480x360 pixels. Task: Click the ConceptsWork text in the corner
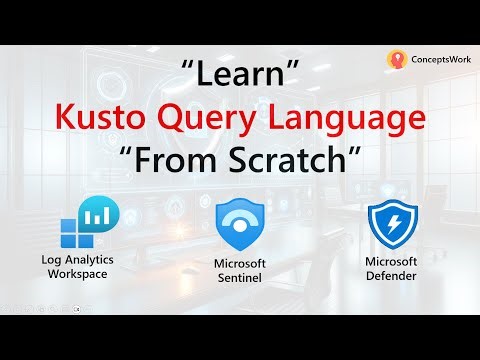tap(437, 60)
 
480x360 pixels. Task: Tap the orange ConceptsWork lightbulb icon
tap(395, 60)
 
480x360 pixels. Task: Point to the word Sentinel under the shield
tap(239, 278)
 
